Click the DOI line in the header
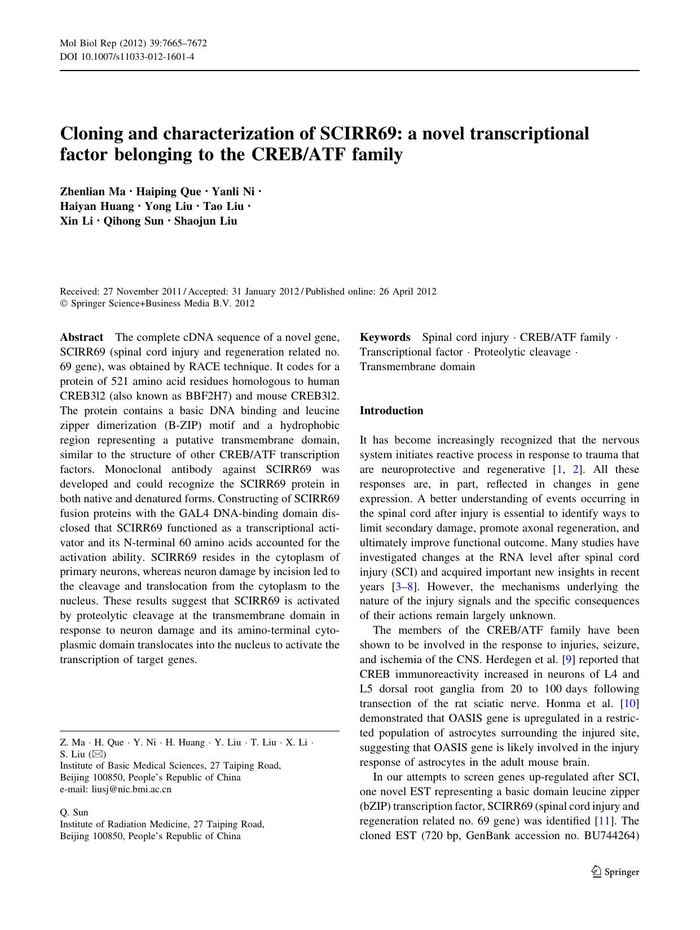coord(127,57)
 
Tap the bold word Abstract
coord(81,337)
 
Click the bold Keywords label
coord(385,337)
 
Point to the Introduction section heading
coord(391,411)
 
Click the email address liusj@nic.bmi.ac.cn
coord(131,789)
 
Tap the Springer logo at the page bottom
coord(615,872)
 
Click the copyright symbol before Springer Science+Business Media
coord(63,304)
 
